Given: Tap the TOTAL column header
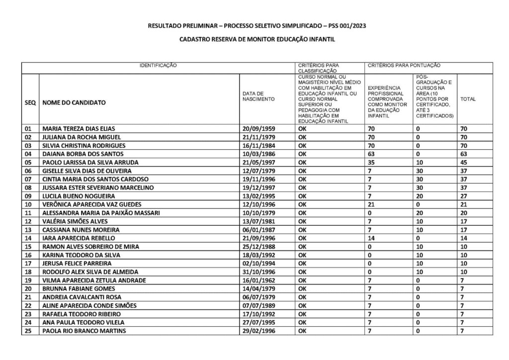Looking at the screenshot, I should [468, 99].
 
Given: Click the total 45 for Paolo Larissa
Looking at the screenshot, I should [464, 162].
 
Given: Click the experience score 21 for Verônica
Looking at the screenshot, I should [371, 204].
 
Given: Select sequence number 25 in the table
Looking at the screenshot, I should [29, 331].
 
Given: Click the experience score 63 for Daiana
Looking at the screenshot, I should [371, 154].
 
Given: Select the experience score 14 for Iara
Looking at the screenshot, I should [371, 238].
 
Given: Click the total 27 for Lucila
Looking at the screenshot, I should [464, 196].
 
